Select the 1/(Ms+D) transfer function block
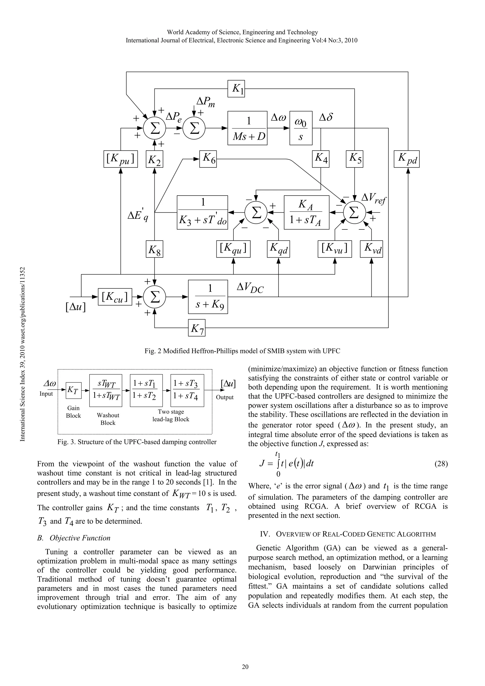pos(247,128)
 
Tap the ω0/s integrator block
pos(301,128)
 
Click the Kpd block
pos(406,159)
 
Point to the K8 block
pos(154,249)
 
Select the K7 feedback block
pos(197,328)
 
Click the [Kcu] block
pos(115,297)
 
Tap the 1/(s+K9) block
pos(208,297)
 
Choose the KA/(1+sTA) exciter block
pos(306,212)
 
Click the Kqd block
pos(278,249)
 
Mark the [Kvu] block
pos(335,249)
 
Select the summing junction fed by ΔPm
pos(194,128)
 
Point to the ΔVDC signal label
pos(250,288)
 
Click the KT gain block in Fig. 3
pos(73,390)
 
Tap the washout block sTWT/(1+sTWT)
pos(106,390)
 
